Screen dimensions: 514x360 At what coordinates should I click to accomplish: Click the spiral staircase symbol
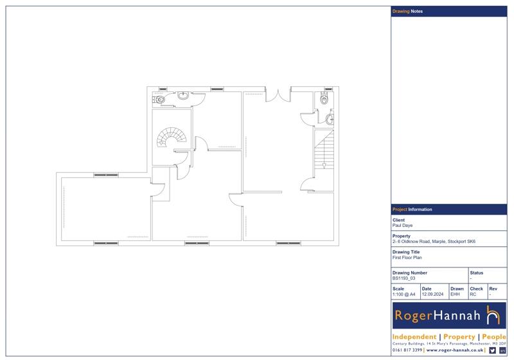(172, 137)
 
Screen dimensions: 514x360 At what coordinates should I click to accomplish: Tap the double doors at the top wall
(278, 94)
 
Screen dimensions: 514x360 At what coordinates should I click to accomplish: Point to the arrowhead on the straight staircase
(324, 166)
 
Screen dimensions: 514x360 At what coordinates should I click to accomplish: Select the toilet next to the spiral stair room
(159, 99)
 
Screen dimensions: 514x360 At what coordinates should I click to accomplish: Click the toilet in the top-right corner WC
(324, 98)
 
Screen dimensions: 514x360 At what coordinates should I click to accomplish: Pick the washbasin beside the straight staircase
(330, 120)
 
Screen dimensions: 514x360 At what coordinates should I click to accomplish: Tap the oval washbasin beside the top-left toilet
(183, 95)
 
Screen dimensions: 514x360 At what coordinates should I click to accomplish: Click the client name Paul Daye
(402, 226)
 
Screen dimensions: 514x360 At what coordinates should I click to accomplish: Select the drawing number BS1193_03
(403, 278)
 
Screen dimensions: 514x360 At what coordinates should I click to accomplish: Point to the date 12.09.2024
(432, 294)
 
